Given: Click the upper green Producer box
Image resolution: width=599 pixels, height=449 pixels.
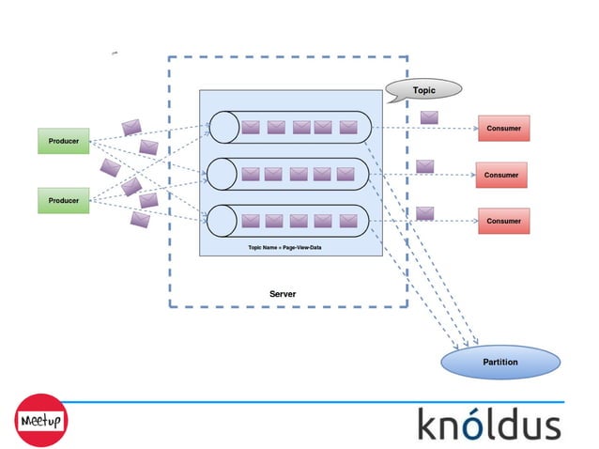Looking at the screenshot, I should coord(63,142).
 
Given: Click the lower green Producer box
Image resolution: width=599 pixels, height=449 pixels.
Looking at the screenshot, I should coord(63,200).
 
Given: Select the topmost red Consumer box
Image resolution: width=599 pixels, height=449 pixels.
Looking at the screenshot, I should coord(503,128).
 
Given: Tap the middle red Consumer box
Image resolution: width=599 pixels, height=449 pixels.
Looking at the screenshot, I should coord(501,175).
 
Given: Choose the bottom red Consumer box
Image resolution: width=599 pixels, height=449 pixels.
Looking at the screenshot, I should coord(503,221).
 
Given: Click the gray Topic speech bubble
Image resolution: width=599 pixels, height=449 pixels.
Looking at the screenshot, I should coord(423,90).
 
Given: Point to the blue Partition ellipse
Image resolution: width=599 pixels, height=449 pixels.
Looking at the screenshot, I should coord(499,362).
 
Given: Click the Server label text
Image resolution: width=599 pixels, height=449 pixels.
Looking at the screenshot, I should coord(283,294).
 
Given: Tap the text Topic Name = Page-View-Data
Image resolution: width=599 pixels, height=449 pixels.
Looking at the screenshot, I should coord(284,246).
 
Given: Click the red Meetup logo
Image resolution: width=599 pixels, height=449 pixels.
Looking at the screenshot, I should coord(40,419).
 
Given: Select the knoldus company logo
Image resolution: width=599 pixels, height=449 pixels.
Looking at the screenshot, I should coord(488,424).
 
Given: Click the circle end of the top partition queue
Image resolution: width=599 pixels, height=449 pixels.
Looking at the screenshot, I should coord(222,126).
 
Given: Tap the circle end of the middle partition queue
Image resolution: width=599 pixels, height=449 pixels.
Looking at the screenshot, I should coord(222,173).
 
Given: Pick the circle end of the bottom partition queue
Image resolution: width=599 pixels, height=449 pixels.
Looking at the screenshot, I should coord(222,220).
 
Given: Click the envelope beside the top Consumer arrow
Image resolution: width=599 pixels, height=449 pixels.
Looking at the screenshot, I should coord(429,117).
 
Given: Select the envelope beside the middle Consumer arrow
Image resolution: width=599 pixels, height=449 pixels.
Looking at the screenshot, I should coord(425,166).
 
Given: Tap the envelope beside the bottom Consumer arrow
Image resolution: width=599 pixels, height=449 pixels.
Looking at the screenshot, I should coord(425,213).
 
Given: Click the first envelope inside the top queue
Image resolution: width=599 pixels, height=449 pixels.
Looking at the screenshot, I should coord(251,127).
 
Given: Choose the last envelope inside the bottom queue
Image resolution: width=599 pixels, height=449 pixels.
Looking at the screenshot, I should coord(348,221).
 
